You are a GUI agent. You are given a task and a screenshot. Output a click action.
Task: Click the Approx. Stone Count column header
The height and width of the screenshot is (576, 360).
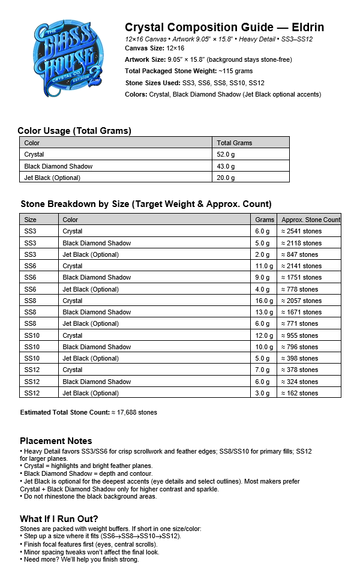point(310,220)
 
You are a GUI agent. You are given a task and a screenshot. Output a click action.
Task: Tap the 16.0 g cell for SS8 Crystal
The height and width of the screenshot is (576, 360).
point(263,301)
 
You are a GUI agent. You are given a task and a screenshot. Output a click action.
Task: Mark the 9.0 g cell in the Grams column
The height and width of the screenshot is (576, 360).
point(263,277)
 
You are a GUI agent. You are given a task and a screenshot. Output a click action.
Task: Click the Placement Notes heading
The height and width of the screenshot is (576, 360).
point(56,441)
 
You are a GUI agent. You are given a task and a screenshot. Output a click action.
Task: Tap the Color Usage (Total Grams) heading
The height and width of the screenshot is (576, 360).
point(74,131)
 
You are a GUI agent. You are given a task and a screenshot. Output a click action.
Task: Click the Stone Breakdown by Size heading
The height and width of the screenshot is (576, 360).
point(146,204)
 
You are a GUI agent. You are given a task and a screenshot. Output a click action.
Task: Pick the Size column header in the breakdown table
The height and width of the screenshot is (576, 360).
point(31,220)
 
